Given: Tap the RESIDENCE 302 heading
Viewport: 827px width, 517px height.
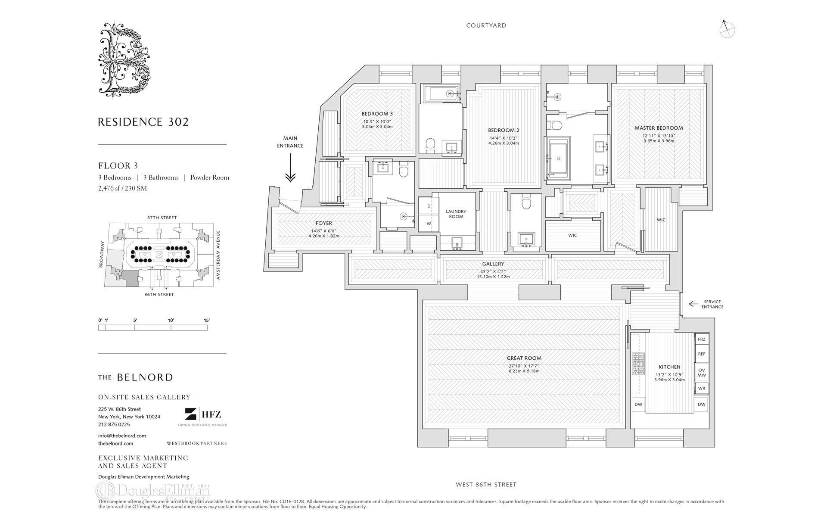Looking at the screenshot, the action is click(143, 122).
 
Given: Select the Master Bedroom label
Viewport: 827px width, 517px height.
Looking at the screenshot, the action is click(659, 128).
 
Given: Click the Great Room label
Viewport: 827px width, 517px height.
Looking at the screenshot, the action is click(524, 358).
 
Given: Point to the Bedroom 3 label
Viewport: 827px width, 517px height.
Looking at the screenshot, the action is click(377, 114).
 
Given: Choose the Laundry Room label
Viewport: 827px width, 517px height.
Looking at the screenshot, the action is click(456, 214).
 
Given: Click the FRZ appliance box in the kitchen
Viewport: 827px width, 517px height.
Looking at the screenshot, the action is click(702, 339).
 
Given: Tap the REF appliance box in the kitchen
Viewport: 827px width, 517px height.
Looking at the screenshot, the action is click(702, 354).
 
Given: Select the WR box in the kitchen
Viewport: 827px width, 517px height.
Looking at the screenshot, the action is click(702, 388).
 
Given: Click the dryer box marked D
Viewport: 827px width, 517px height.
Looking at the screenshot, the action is click(429, 206).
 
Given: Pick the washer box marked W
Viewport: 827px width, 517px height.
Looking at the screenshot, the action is click(429, 224).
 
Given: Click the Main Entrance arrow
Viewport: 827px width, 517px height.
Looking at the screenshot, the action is click(290, 168).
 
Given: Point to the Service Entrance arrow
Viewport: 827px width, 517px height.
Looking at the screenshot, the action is click(693, 304).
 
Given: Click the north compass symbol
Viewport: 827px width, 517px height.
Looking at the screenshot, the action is click(727, 29).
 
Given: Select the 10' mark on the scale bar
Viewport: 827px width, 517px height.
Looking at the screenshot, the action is click(171, 320).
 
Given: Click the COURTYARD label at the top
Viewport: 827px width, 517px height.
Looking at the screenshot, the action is click(486, 25).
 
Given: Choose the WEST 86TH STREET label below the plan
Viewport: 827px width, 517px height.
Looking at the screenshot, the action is click(486, 484).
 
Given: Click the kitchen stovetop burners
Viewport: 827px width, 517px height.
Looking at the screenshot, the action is click(638, 364).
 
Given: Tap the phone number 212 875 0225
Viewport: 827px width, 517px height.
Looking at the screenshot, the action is click(114, 424).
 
